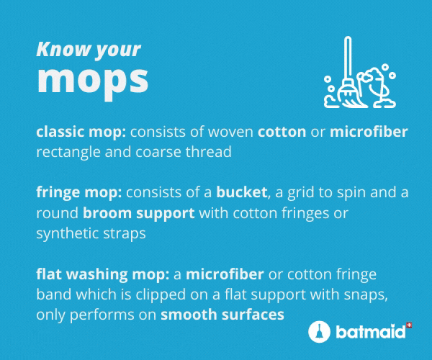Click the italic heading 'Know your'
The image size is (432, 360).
(89, 50)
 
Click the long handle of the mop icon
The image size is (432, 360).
(348, 58)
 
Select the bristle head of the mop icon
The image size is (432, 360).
(351, 94)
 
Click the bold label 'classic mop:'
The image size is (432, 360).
(81, 132)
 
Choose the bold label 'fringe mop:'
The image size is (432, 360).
(78, 193)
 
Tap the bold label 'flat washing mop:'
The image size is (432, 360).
(102, 274)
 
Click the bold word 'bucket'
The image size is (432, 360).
(241, 192)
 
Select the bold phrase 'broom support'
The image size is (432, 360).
(138, 213)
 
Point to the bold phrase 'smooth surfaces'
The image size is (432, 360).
(222, 315)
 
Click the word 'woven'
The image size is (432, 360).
(230, 132)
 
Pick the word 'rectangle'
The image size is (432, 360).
(68, 153)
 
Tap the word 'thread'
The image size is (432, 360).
(208, 152)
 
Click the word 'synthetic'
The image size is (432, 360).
(68, 233)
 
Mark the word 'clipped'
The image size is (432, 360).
(161, 294)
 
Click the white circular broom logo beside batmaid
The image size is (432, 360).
(319, 331)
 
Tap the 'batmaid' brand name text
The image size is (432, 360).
(371, 331)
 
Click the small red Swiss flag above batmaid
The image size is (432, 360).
(410, 325)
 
